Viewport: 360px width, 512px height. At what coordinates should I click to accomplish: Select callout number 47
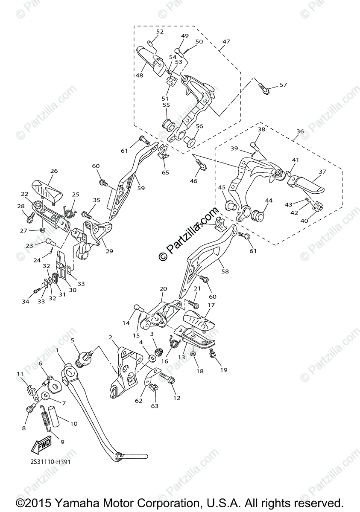tap(226, 42)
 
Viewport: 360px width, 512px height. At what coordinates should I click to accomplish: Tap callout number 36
tap(300, 131)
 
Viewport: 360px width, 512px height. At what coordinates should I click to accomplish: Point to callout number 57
tap(283, 85)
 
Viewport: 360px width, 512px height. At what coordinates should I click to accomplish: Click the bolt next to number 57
tap(263, 88)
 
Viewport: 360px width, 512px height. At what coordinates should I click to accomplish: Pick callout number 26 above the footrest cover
tap(54, 171)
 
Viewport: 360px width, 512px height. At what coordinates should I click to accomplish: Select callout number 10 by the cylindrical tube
tap(73, 424)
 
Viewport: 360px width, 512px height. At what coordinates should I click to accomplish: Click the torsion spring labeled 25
tap(68, 210)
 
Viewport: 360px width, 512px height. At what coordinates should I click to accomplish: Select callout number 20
tap(163, 289)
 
